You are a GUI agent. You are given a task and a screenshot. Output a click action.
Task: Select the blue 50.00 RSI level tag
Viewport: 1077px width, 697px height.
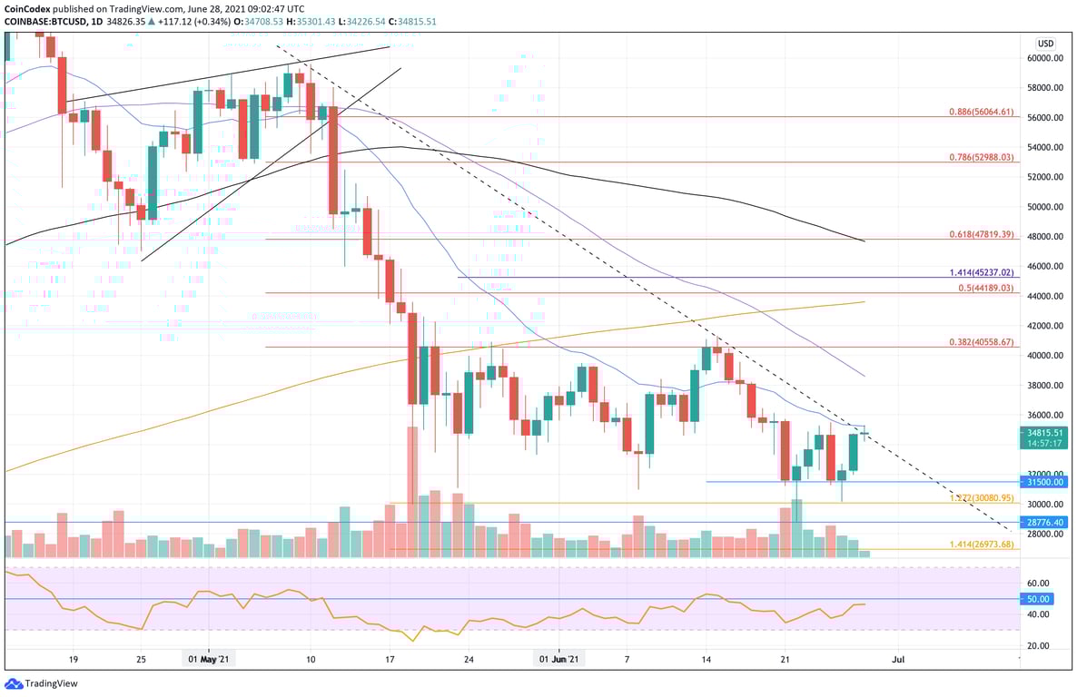[1040, 599]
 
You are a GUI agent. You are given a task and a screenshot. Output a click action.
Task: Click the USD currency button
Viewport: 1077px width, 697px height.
[1045, 43]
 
